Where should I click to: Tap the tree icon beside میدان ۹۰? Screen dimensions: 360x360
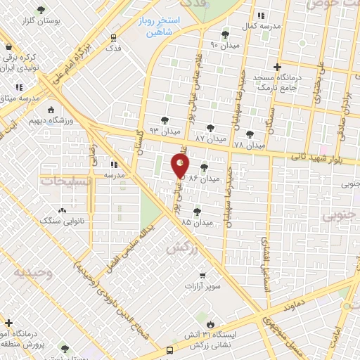(x=226, y=34)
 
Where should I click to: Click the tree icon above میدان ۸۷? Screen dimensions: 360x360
(x=210, y=128)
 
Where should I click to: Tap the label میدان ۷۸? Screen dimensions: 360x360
(x=250, y=145)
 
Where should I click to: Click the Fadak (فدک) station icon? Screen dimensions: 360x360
(x=113, y=37)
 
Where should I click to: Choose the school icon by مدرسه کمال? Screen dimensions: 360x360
(x=261, y=15)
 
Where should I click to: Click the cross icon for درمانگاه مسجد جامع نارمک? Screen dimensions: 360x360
(x=278, y=66)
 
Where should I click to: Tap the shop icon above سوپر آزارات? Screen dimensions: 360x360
(x=202, y=275)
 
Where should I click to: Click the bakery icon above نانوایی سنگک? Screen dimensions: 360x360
(x=63, y=210)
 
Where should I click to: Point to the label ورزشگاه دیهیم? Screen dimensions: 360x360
(x=55, y=120)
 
